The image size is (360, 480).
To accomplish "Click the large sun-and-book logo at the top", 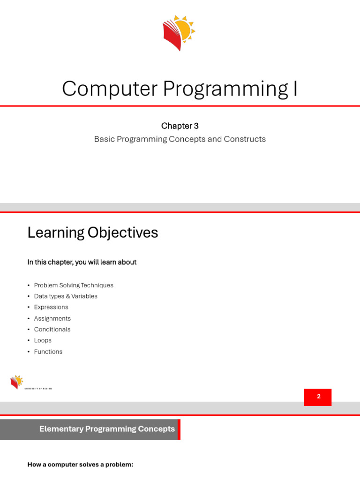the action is point(179,33).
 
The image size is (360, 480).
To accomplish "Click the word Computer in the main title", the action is point(110,89).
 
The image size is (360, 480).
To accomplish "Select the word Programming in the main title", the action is point(225,89).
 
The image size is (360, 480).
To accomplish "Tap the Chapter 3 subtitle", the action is point(180,126).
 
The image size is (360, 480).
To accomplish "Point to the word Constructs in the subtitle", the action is point(245,139).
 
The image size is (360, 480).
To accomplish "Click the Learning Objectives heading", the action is point(93,232).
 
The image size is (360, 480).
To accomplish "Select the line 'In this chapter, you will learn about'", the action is point(82,262).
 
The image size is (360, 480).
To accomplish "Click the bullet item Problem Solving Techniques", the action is point(74,285).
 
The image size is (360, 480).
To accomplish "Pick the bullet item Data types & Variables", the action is point(66,296).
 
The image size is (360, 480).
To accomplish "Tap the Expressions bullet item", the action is point(51,307).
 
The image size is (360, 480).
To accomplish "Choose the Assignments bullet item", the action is point(52,318).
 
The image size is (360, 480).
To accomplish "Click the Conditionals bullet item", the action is point(52,330).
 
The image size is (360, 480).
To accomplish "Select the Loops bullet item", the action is point(43,340).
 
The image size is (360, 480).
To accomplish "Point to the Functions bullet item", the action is point(48,352).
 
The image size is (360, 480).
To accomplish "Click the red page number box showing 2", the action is point(318,397).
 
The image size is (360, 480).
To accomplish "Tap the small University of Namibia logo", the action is point(30,382).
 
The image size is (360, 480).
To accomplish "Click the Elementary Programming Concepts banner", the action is point(90,429).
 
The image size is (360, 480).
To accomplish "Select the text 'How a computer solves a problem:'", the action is point(80,465).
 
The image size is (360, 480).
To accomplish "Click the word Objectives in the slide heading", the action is point(123,232).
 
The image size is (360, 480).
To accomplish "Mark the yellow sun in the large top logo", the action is point(186,29).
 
